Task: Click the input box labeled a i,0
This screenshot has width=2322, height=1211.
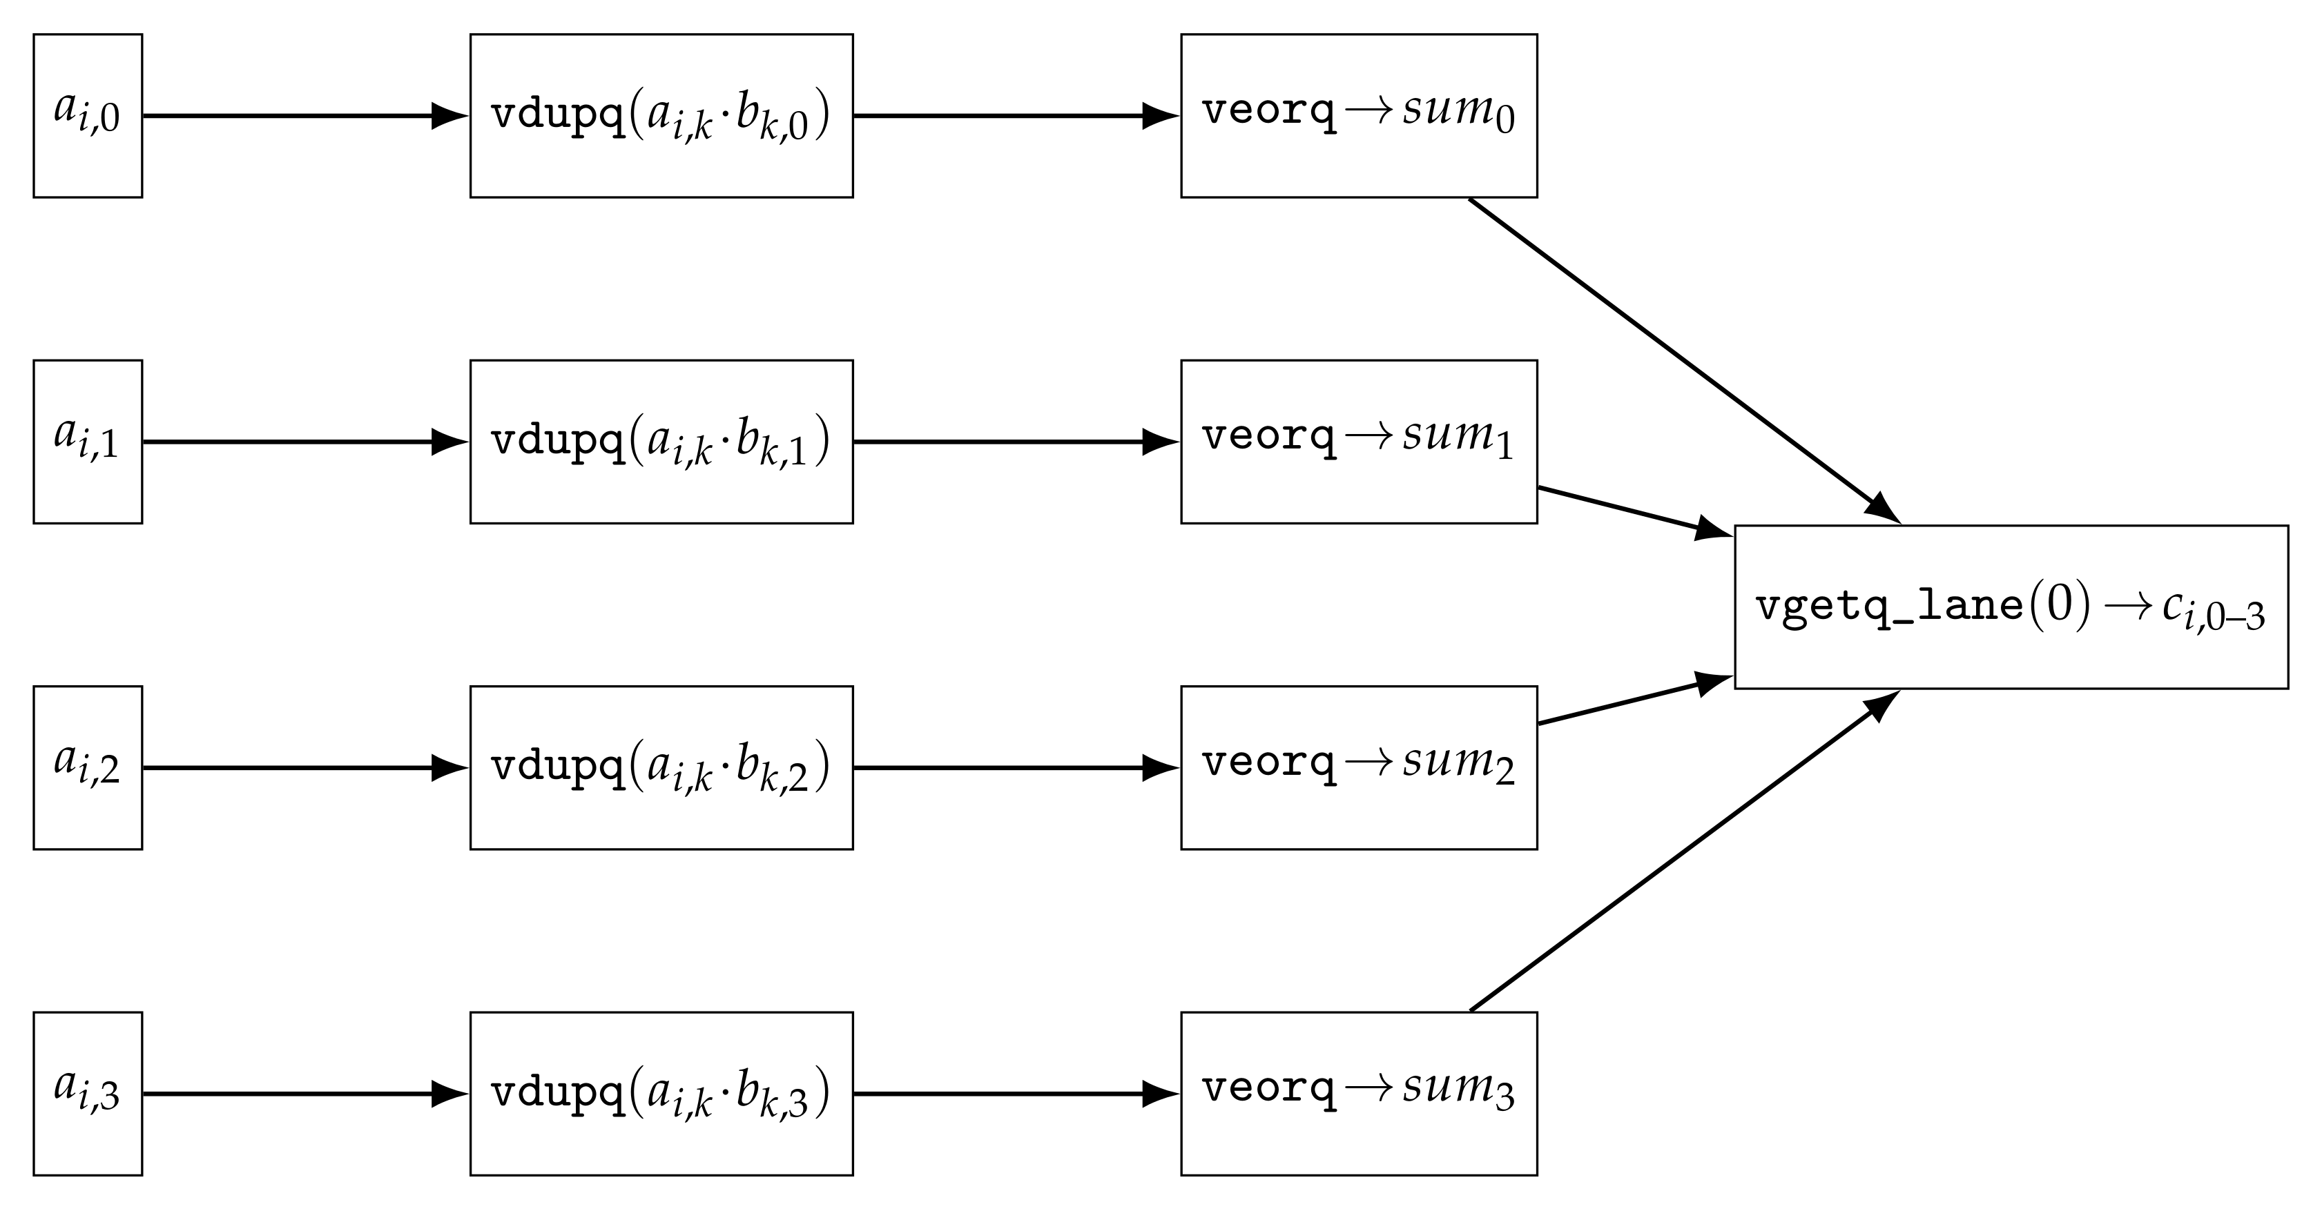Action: coord(88,115)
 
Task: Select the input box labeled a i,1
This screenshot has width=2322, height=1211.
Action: coord(88,442)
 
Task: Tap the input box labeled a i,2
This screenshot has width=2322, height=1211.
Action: coord(88,768)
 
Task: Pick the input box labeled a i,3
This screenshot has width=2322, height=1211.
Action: coord(88,1093)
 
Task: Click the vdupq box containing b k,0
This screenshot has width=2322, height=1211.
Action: coord(661,115)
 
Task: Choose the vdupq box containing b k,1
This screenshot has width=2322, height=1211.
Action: coord(661,442)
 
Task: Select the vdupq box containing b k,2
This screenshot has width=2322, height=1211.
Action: coord(661,768)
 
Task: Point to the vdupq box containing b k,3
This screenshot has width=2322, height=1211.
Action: coord(661,1093)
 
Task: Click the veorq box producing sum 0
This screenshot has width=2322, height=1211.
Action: coord(1358,115)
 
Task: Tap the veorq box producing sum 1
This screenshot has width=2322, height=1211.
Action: coord(1358,442)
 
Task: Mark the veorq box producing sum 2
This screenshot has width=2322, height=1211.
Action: coord(1358,768)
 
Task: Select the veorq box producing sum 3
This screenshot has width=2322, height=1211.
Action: coord(1358,1093)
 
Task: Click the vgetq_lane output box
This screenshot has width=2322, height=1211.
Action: coord(2010,607)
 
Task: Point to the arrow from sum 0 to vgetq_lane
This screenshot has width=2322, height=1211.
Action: coord(1684,360)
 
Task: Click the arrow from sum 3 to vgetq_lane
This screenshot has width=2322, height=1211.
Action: coord(1684,851)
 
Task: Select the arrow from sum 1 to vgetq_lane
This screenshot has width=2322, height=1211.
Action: coord(1632,511)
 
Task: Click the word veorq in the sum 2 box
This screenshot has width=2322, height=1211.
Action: coord(1268,763)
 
